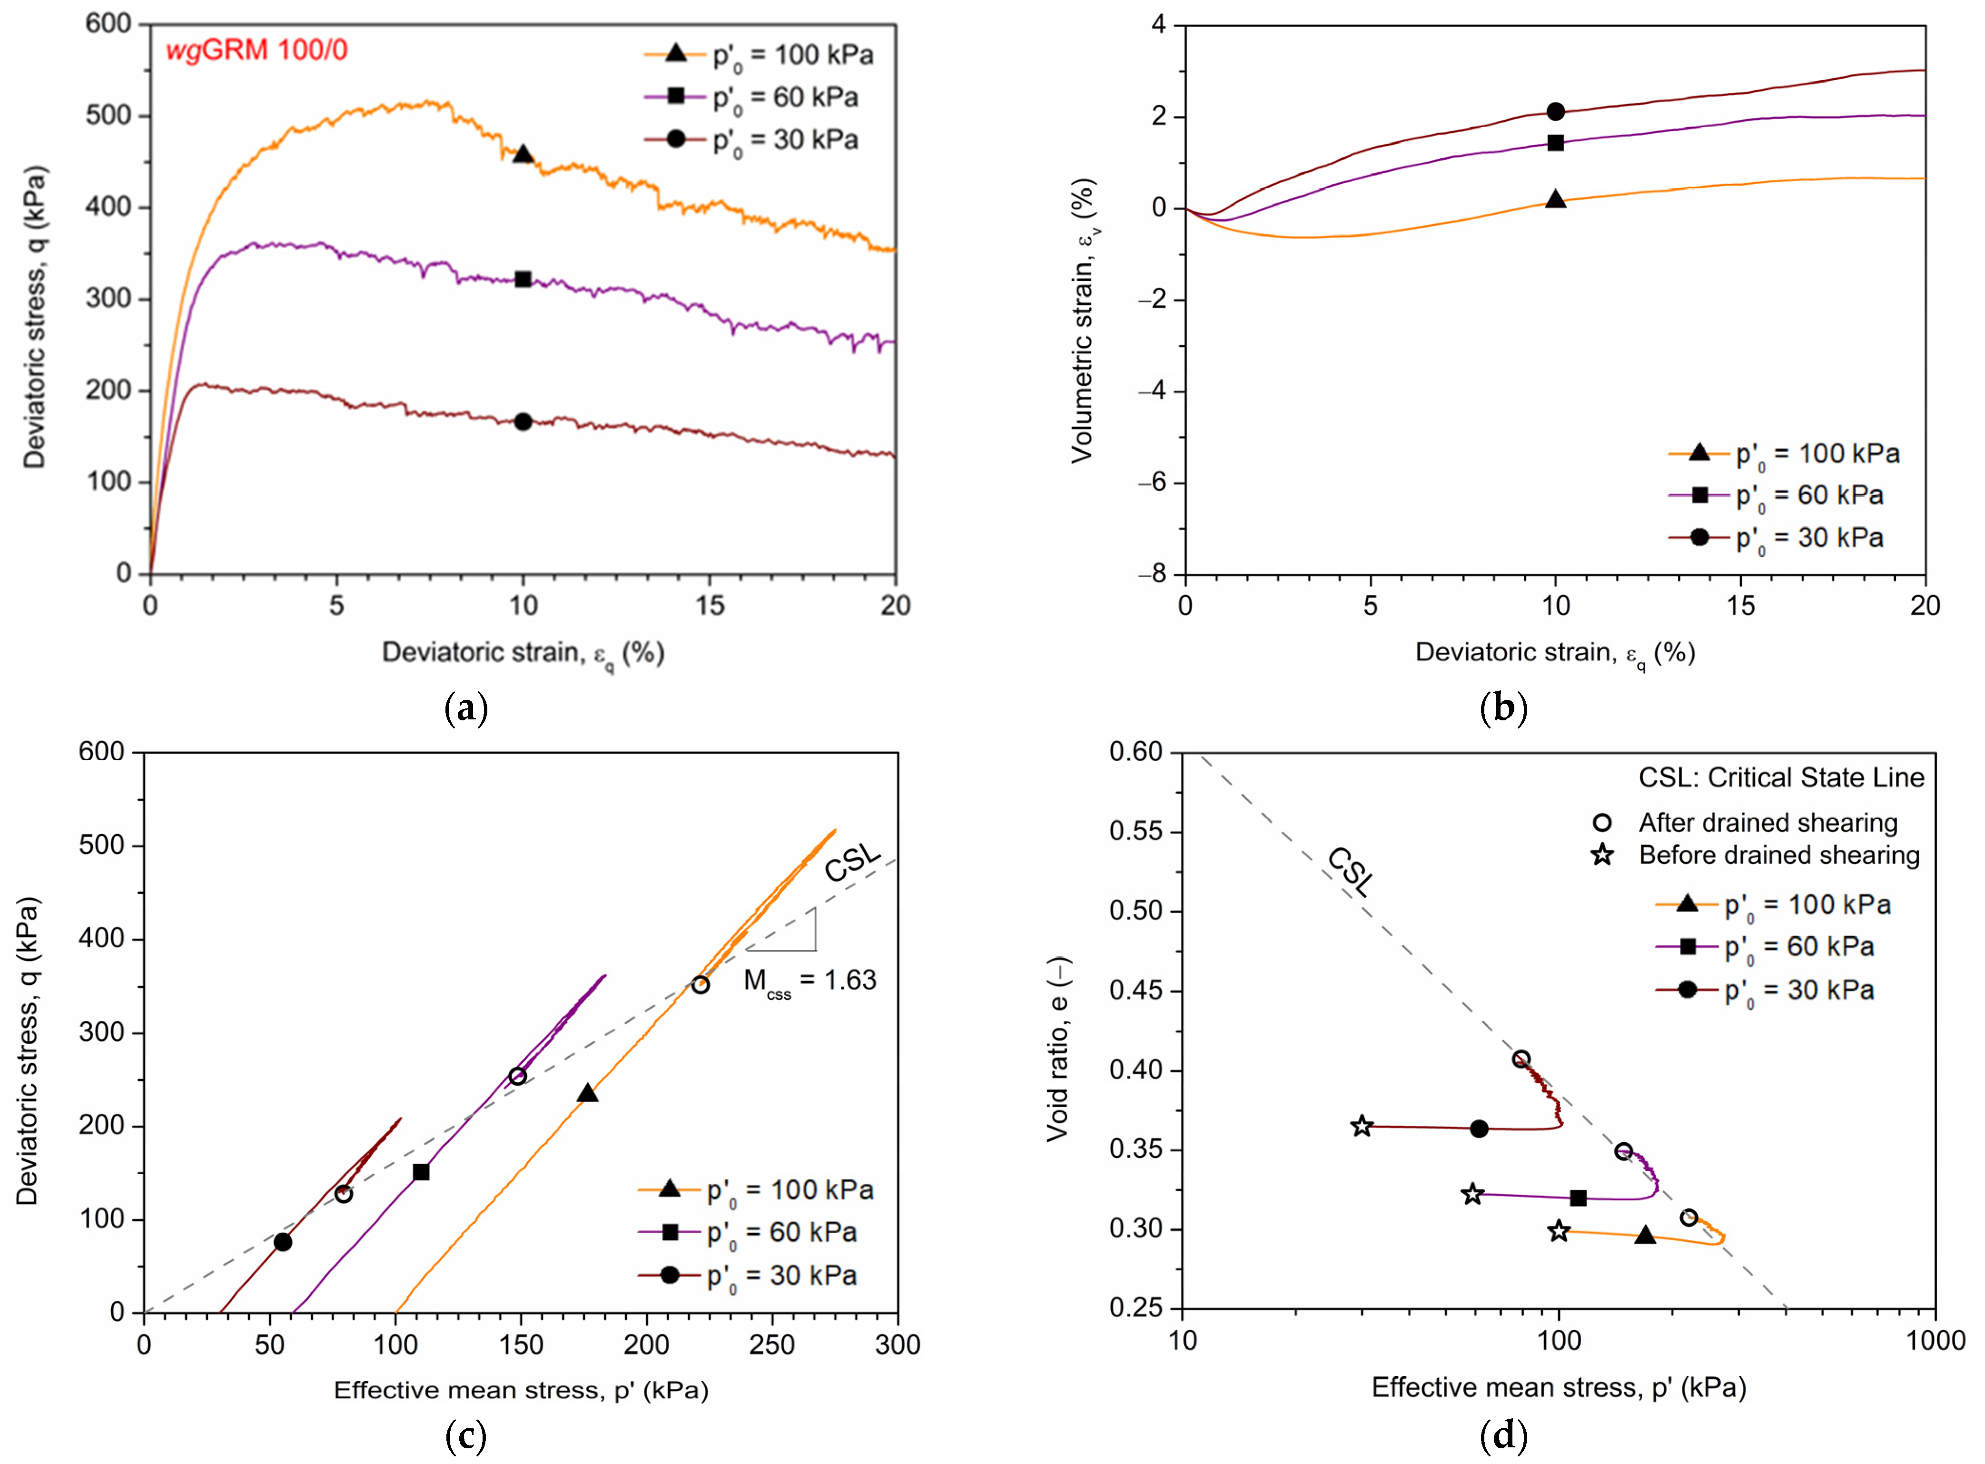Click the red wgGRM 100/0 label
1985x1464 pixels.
(257, 50)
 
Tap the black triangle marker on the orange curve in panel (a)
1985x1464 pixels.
(523, 154)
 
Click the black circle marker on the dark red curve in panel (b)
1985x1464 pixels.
(1555, 112)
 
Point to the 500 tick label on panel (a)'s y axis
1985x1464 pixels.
(108, 116)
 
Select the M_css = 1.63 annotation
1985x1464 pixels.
(809, 981)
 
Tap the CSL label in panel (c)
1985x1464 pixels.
(852, 862)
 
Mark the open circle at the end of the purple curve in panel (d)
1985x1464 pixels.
(1623, 1152)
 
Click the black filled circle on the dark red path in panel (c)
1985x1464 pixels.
(283, 1242)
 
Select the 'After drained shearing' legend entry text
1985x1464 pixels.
(1768, 823)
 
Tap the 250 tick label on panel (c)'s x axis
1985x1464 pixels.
(772, 1345)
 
